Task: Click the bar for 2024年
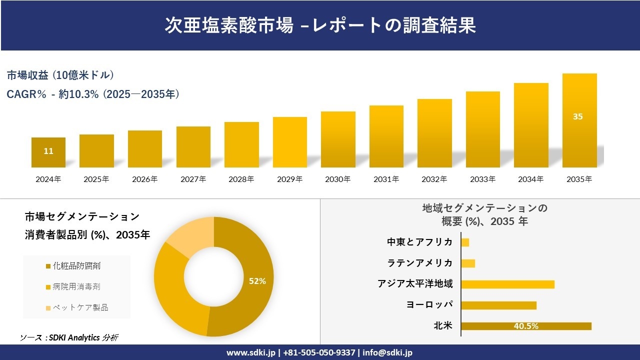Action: tap(48, 152)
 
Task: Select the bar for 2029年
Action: tap(290, 142)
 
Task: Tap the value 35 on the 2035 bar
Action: tap(577, 116)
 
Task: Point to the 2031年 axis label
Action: tap(386, 179)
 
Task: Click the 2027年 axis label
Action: tap(193, 179)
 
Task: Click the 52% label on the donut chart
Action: tap(257, 281)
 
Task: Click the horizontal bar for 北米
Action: tap(526, 326)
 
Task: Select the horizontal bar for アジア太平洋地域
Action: tap(507, 284)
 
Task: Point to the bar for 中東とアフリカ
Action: tap(465, 242)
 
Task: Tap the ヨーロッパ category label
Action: tap(429, 305)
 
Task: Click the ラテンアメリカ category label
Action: tap(420, 263)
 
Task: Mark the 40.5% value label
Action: tap(526, 326)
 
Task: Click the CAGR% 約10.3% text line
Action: tap(93, 94)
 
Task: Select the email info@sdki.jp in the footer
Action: tap(388, 352)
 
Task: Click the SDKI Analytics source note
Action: tap(69, 337)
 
